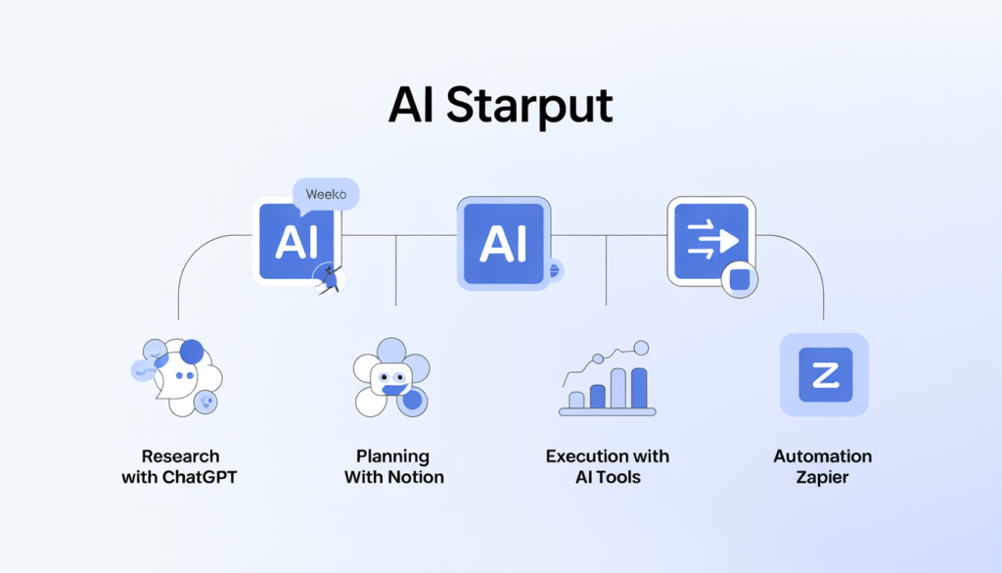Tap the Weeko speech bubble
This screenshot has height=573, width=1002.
pos(326,194)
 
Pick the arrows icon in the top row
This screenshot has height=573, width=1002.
pos(711,238)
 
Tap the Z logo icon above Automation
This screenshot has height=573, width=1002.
pos(824,375)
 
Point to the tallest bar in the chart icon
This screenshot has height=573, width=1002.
pos(640,388)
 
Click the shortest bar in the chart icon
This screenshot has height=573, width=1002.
pos(576,400)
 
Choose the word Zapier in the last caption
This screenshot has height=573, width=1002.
pos(823,478)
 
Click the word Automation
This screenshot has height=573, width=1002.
pos(823,456)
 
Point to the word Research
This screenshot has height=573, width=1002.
pos(180,456)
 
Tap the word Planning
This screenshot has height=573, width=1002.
pos(392,456)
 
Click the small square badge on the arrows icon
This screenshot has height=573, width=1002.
pos(739,279)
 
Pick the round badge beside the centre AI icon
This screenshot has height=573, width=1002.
pos(554,269)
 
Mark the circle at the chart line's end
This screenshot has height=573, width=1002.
pos(641,347)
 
